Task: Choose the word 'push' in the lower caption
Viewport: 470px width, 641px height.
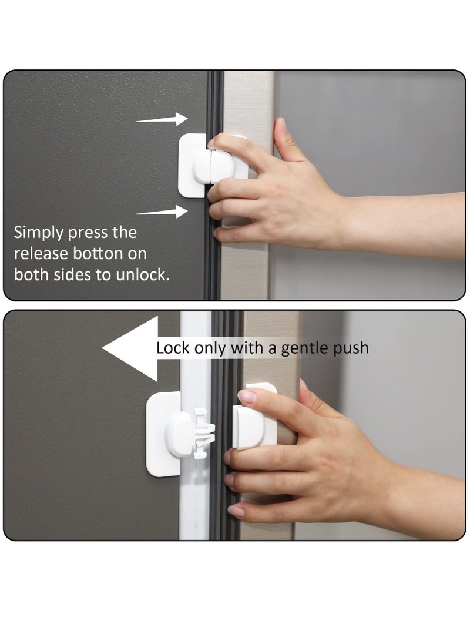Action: (350, 348)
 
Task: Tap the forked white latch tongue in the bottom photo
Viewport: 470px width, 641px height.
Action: (200, 434)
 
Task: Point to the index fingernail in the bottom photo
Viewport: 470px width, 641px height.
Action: (247, 397)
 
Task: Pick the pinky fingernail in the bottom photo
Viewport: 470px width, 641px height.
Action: (236, 511)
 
